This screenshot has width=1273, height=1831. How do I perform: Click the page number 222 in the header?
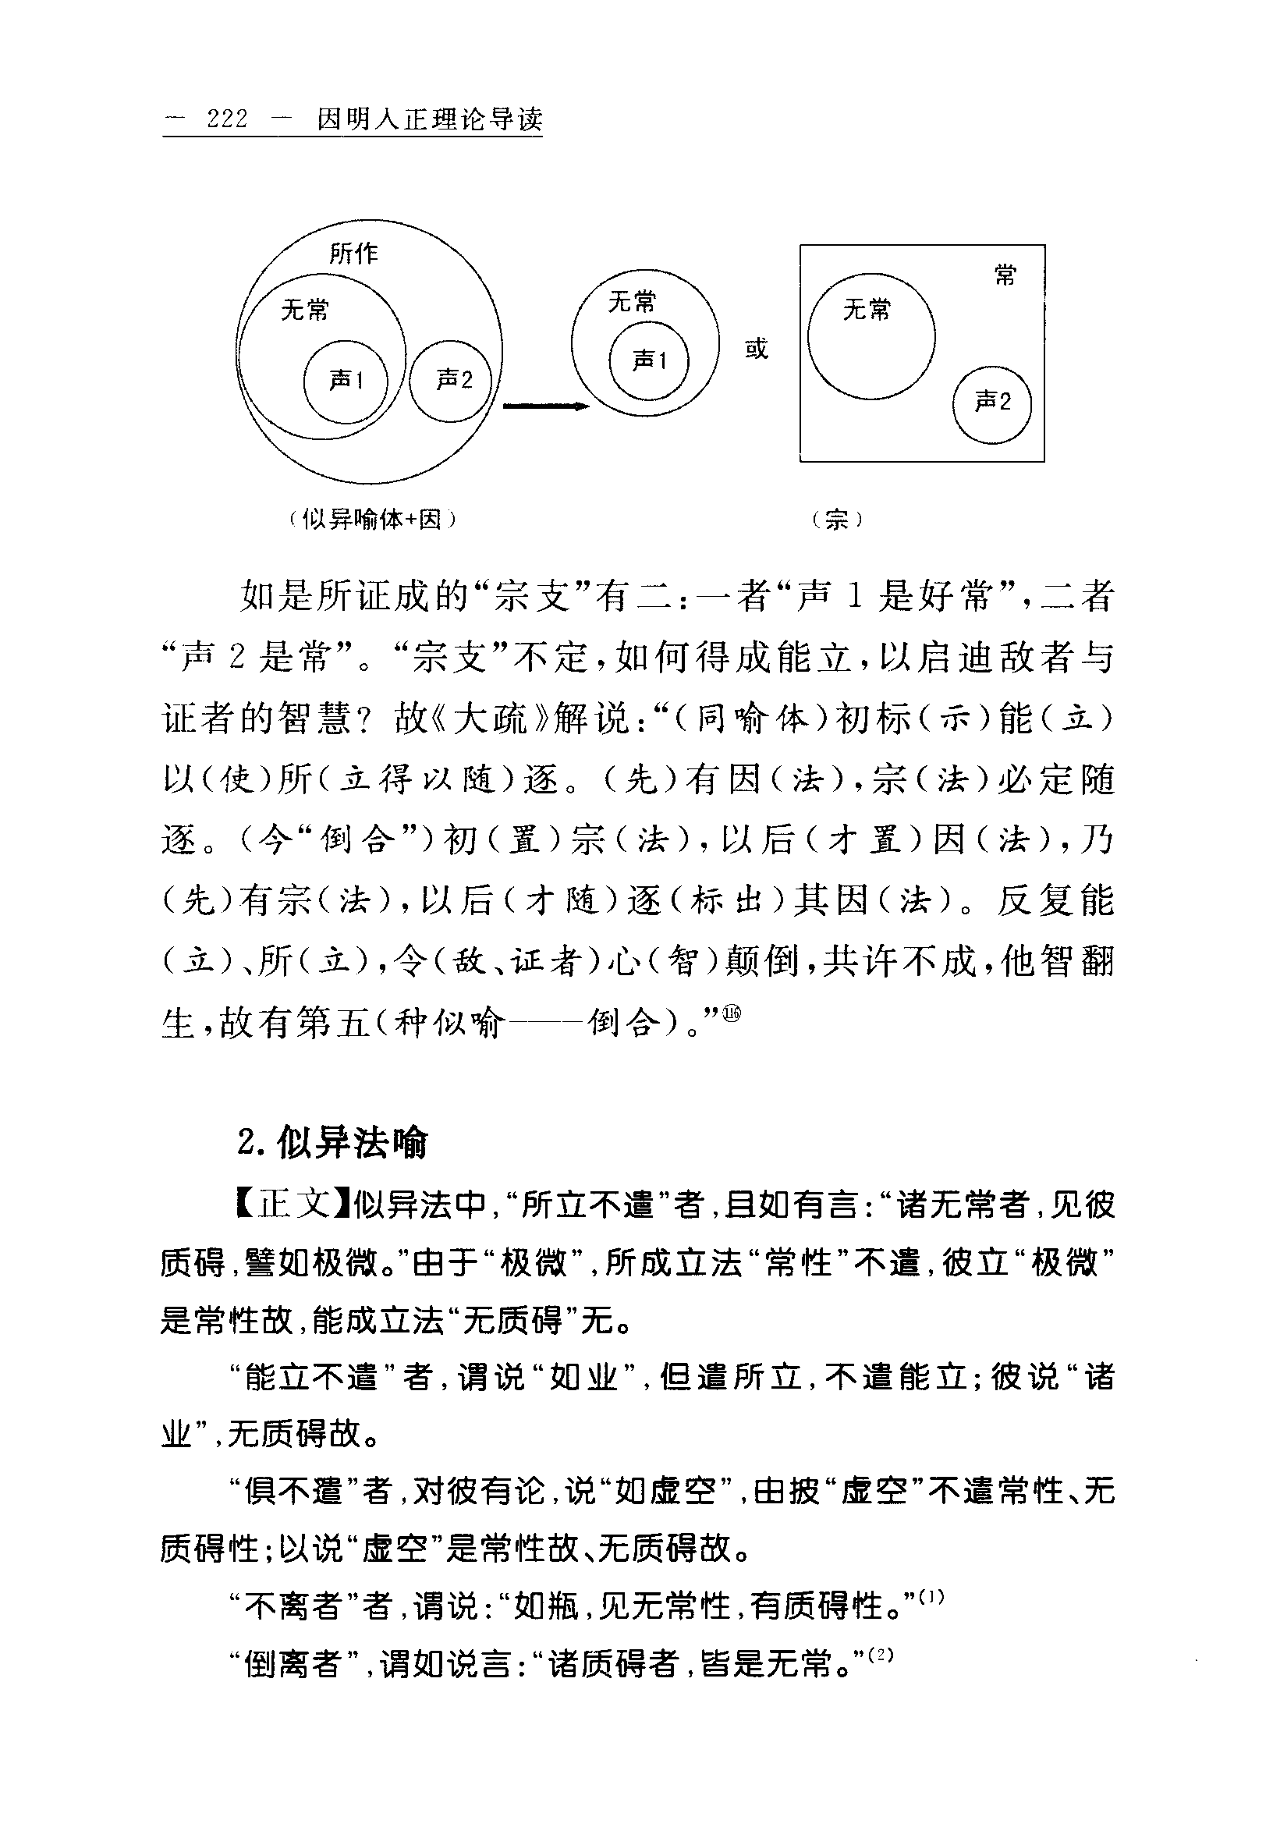(x=227, y=119)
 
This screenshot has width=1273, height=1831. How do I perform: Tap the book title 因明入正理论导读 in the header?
(x=430, y=119)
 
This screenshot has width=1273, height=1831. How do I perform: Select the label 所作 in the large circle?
(x=354, y=254)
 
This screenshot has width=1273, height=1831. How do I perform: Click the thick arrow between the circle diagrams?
(x=545, y=406)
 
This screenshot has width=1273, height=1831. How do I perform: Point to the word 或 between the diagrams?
(x=756, y=349)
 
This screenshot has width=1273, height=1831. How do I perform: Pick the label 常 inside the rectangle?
(x=1005, y=275)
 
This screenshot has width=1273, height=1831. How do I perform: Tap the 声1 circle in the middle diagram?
(x=649, y=361)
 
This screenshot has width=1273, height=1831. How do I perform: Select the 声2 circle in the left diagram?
(x=452, y=381)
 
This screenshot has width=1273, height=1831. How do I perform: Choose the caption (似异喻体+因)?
(x=371, y=520)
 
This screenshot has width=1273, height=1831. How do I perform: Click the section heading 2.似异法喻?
(x=332, y=1143)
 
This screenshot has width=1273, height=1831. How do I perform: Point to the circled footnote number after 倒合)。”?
(x=731, y=1013)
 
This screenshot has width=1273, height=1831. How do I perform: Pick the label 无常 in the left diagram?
(x=304, y=310)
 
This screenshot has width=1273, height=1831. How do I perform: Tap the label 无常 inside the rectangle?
(x=867, y=310)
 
